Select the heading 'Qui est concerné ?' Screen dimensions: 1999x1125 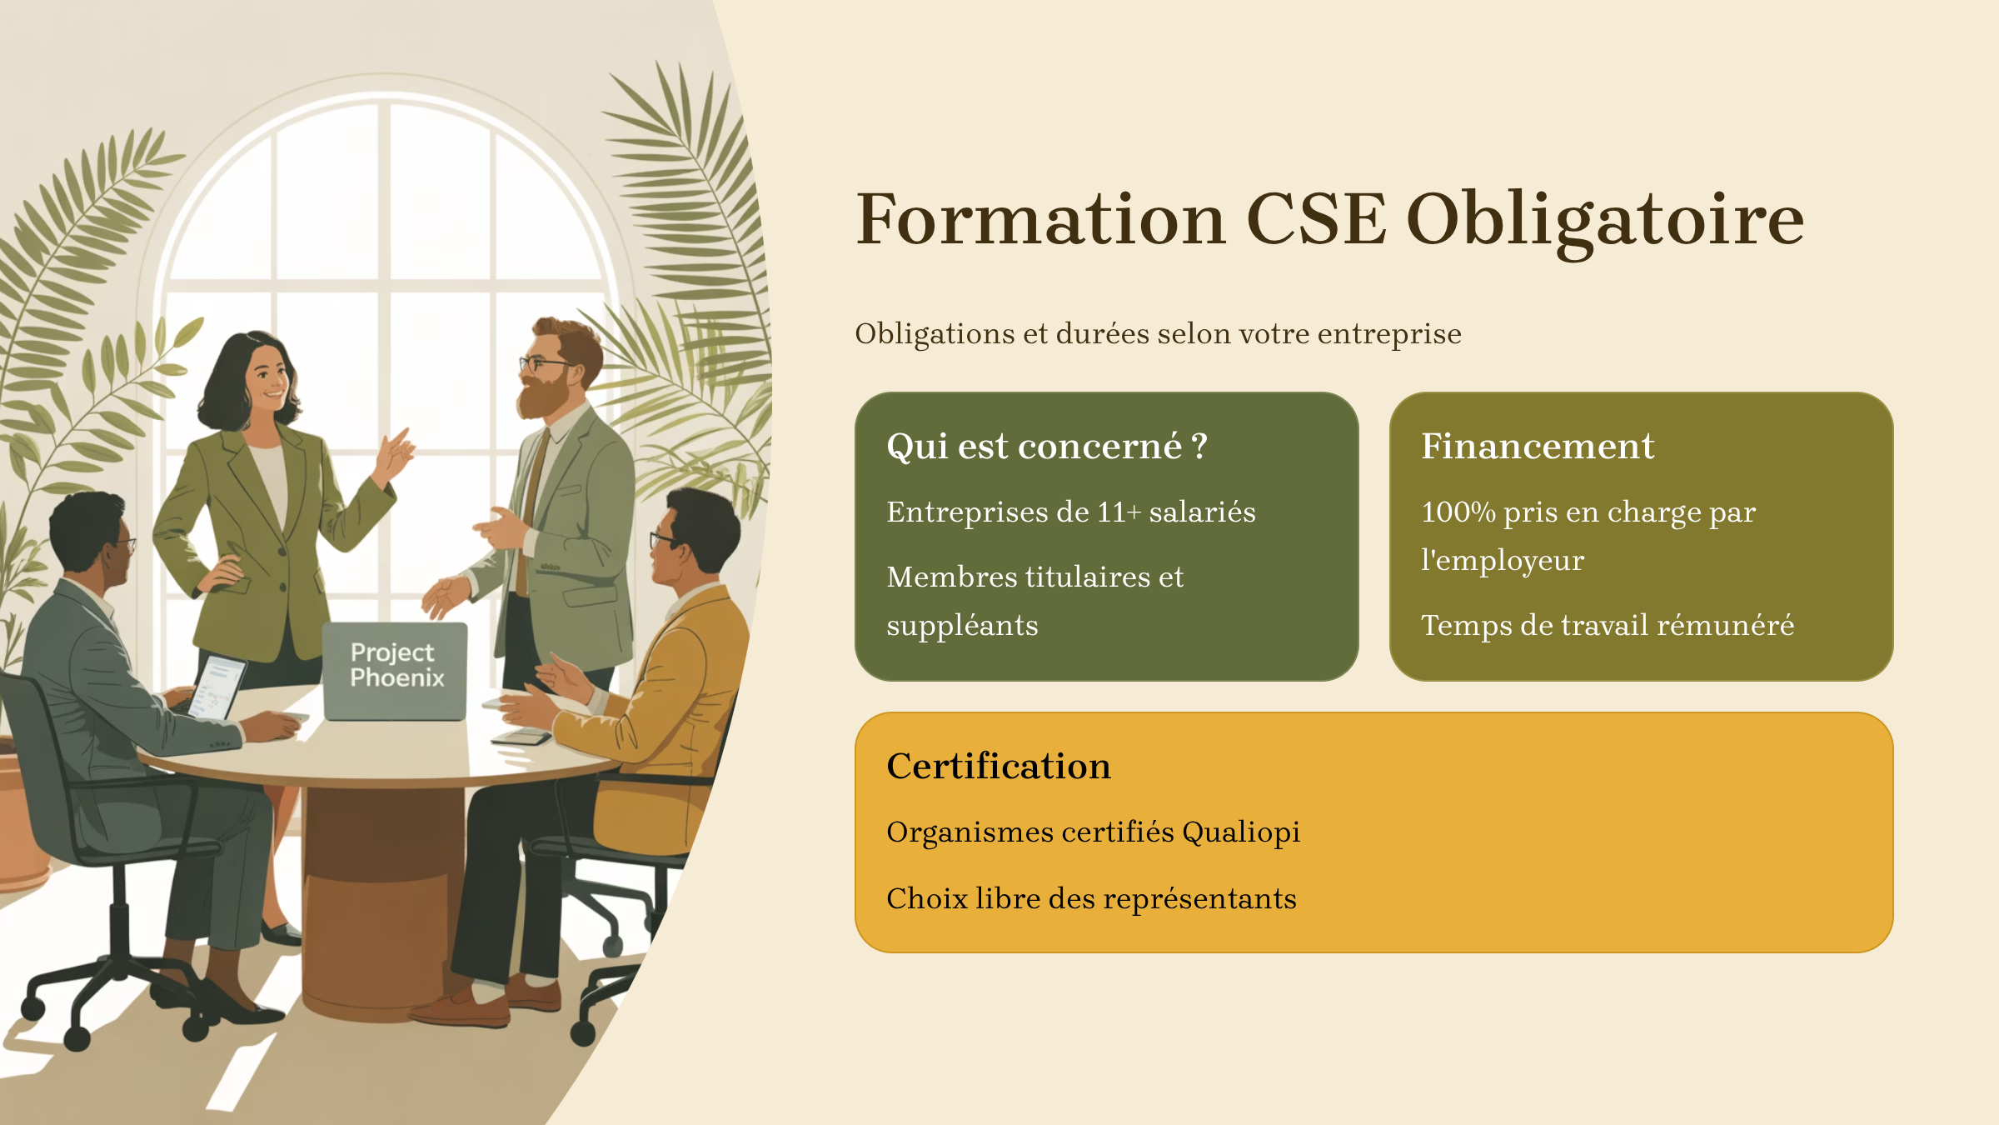tap(1047, 447)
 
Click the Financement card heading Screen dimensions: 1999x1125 tap(1538, 446)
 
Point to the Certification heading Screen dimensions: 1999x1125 tap(999, 766)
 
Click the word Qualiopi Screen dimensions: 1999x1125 tap(1241, 832)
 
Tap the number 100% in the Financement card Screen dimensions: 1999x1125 tap(1458, 512)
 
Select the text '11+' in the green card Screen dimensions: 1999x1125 tap(1119, 512)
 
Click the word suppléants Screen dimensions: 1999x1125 tap(962, 626)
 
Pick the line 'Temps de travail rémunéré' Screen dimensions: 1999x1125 tap(1608, 625)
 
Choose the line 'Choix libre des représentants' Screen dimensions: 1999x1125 tap(1091, 898)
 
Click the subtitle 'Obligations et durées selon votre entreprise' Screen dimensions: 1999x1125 tap(1158, 333)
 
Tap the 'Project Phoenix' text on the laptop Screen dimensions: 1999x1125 tap(396, 665)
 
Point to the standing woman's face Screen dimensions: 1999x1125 tap(267, 378)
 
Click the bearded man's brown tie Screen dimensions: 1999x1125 tap(531, 508)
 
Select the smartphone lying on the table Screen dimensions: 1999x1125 tap(521, 737)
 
